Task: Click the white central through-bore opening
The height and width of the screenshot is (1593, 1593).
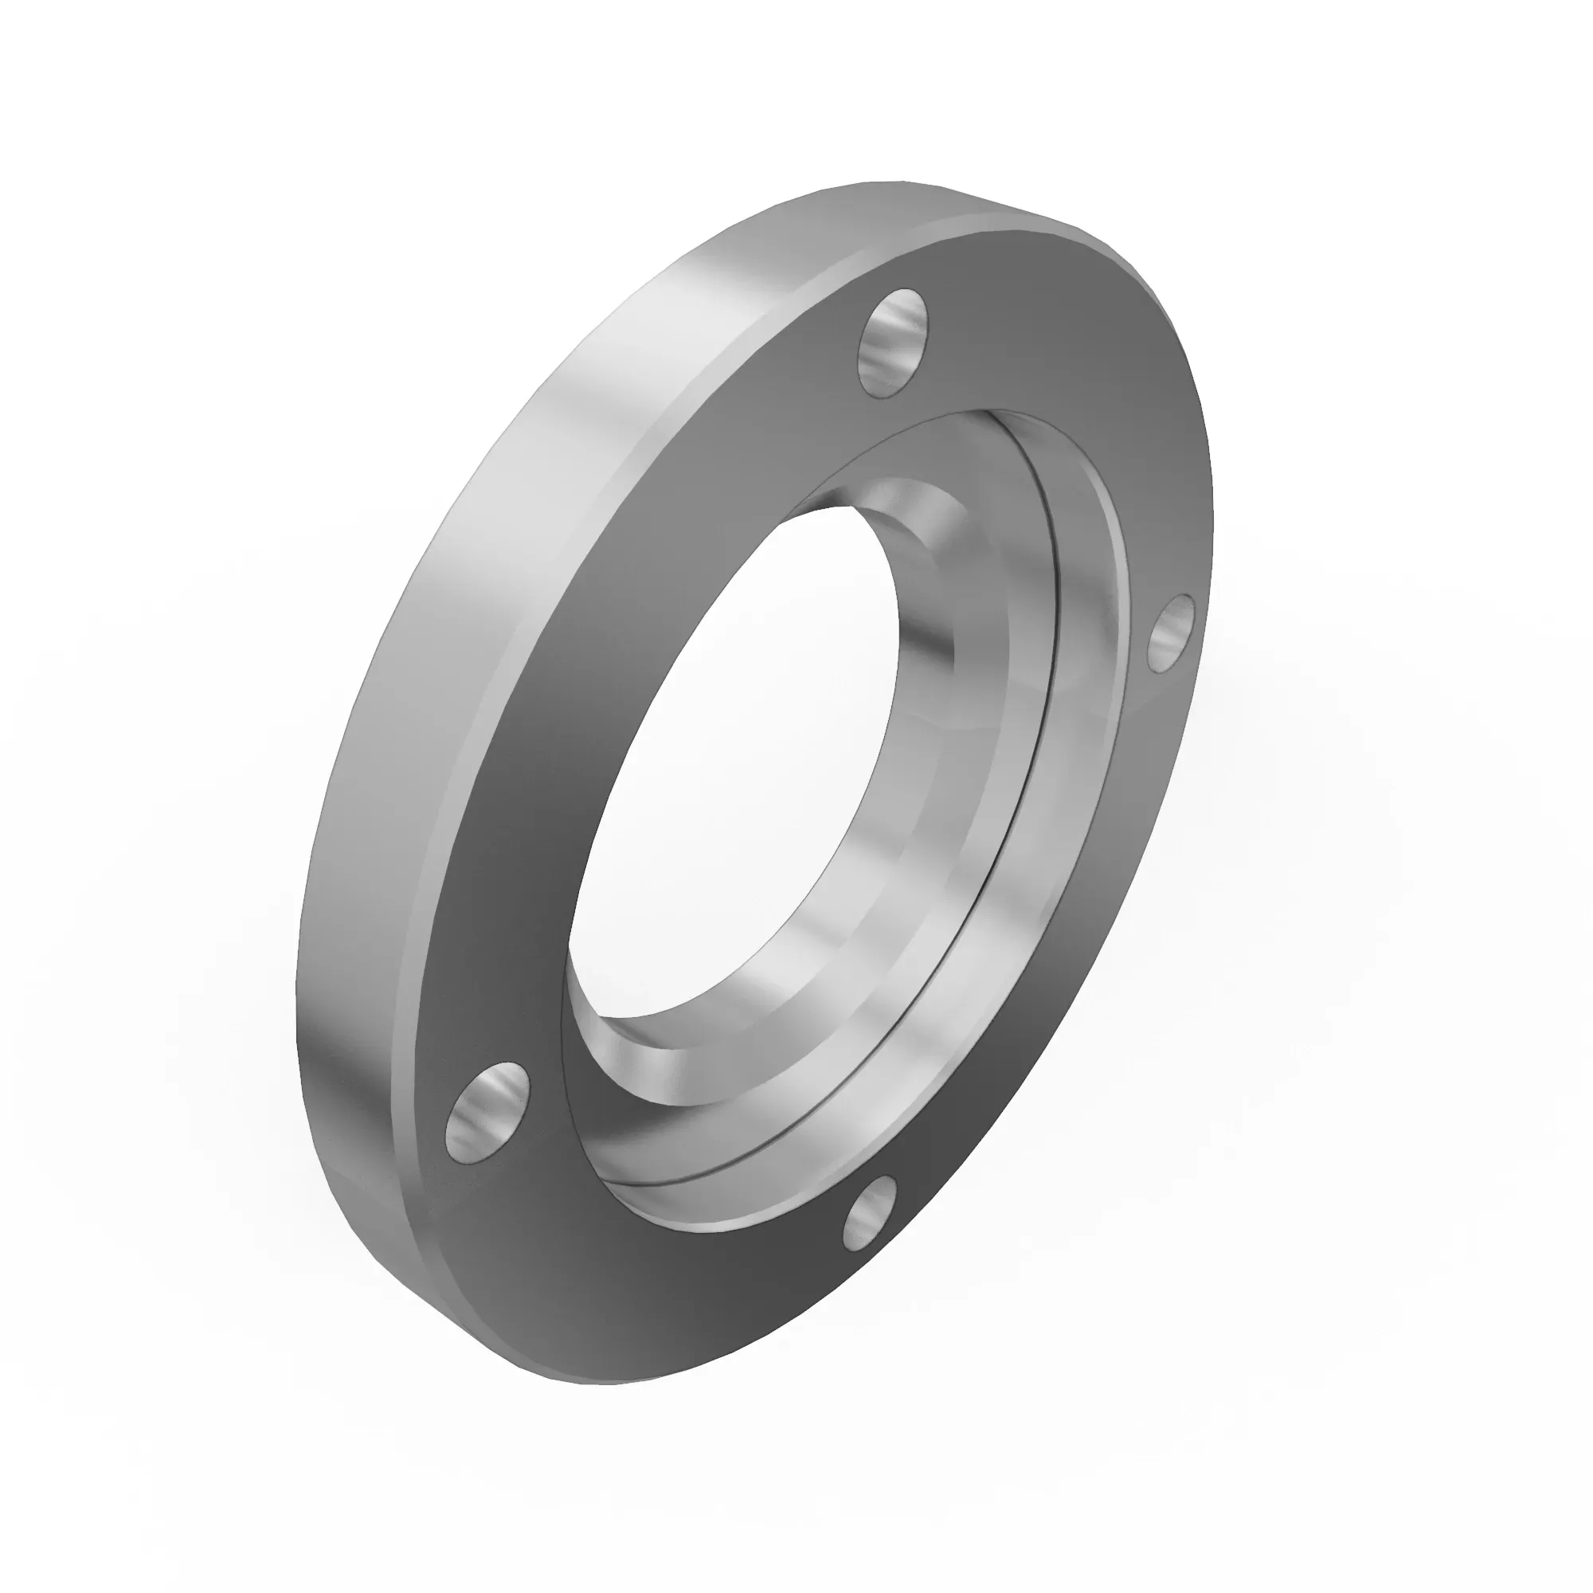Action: click(x=734, y=767)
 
